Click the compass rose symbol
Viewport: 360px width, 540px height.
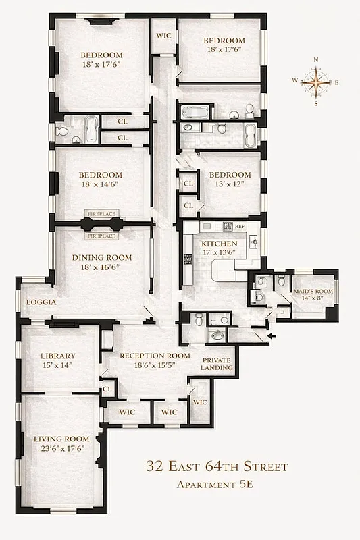tap(315, 82)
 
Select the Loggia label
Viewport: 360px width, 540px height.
tap(41, 302)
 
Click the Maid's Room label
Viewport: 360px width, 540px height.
tap(313, 292)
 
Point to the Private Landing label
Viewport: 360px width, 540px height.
tap(217, 364)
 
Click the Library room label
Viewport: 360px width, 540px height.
tap(57, 356)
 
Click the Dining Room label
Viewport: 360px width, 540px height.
tap(102, 257)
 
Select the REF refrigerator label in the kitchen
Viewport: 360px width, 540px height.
tap(239, 227)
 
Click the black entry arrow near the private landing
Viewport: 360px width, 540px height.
tap(272, 333)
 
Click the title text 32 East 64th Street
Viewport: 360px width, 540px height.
tap(217, 466)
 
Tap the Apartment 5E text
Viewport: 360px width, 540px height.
tap(217, 484)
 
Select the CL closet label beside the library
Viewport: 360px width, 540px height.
tap(107, 389)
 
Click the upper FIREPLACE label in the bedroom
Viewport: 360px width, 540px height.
tap(101, 213)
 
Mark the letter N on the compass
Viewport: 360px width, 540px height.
tap(315, 60)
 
